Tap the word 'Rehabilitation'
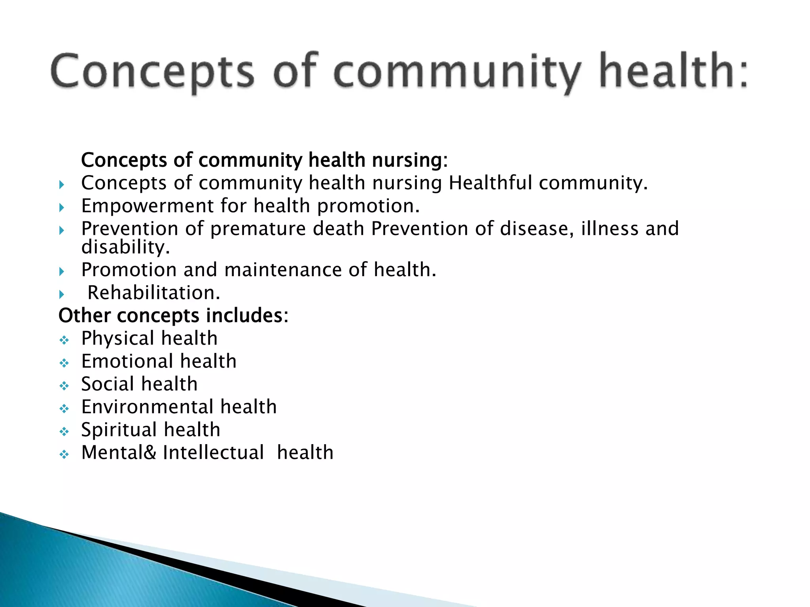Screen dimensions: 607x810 point(152,293)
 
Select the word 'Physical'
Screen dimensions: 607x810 point(117,339)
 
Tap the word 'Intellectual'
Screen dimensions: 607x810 point(213,452)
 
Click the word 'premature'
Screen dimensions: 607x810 point(258,229)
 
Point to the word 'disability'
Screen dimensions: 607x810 point(124,247)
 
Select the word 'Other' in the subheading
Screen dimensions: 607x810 point(84,316)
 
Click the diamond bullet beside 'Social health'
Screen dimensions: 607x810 point(64,386)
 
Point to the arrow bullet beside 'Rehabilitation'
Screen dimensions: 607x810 point(62,294)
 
